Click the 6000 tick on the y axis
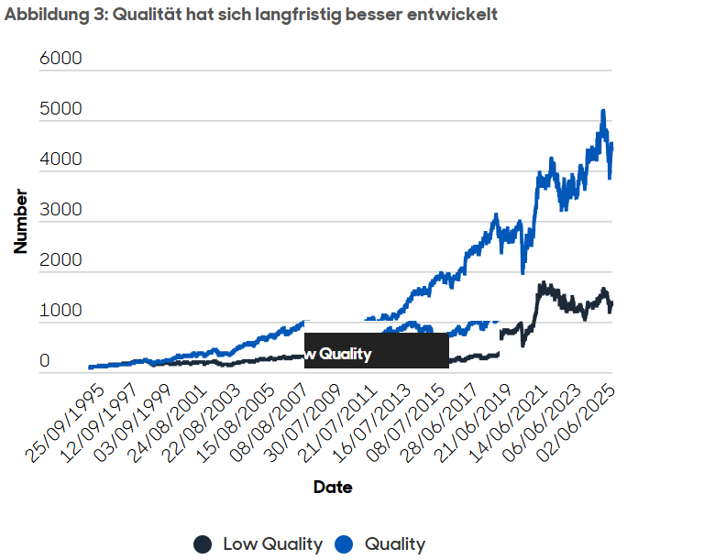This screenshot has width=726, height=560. pyautogui.click(x=61, y=59)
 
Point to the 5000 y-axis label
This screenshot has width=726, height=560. pyautogui.click(x=61, y=109)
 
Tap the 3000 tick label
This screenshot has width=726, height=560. pyautogui.click(x=61, y=210)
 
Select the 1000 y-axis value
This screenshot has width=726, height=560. pyautogui.click(x=61, y=311)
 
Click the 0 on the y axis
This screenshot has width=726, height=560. pyautogui.click(x=45, y=361)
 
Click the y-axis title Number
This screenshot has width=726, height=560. pyautogui.click(x=20, y=221)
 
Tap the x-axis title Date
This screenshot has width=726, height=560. pyautogui.click(x=332, y=487)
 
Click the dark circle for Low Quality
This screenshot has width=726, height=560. pyautogui.click(x=203, y=544)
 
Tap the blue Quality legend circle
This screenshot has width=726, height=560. pyautogui.click(x=345, y=544)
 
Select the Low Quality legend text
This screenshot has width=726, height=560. pyautogui.click(x=272, y=544)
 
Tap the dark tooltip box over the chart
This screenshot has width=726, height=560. pyautogui.click(x=376, y=350)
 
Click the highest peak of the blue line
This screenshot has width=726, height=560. pyautogui.click(x=602, y=111)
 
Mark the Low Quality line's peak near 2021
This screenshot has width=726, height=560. pyautogui.click(x=543, y=283)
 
